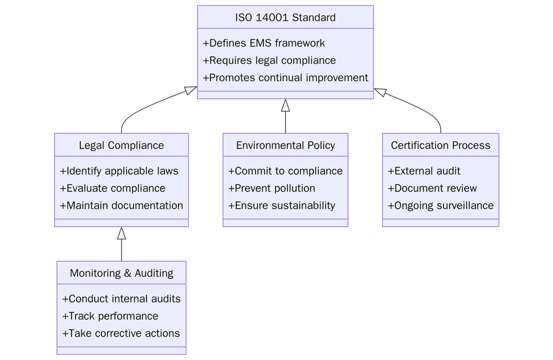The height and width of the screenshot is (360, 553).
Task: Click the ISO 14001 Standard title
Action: click(x=285, y=17)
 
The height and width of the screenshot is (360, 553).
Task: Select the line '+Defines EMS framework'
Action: click(x=264, y=43)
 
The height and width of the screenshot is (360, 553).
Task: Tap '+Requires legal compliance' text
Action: click(x=269, y=60)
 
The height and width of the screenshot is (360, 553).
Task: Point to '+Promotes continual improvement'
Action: click(x=285, y=78)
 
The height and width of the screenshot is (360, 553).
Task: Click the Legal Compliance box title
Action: click(x=121, y=145)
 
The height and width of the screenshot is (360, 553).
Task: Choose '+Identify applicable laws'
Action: click(x=119, y=171)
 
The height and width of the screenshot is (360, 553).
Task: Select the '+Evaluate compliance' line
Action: click(x=113, y=188)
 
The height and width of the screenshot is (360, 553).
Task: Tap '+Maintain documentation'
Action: click(x=121, y=206)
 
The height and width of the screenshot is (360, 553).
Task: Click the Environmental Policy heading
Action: click(x=285, y=145)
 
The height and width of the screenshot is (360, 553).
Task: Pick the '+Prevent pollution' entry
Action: click(x=272, y=188)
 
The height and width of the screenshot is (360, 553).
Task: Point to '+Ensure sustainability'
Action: click(x=282, y=206)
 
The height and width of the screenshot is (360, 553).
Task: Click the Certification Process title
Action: click(x=440, y=145)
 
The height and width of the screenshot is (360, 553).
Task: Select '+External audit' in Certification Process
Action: click(x=424, y=171)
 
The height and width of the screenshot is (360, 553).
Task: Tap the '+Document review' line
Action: click(x=432, y=188)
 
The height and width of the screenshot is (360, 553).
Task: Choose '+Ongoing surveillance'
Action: click(x=440, y=206)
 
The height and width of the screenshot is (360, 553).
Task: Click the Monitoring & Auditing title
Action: click(x=121, y=273)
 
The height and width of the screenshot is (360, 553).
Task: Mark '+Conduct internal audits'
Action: click(x=121, y=299)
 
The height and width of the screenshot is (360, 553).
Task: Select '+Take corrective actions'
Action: click(x=121, y=334)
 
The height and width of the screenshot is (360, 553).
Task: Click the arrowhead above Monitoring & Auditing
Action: click(x=122, y=233)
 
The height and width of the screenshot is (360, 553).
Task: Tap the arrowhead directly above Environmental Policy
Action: click(x=285, y=105)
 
